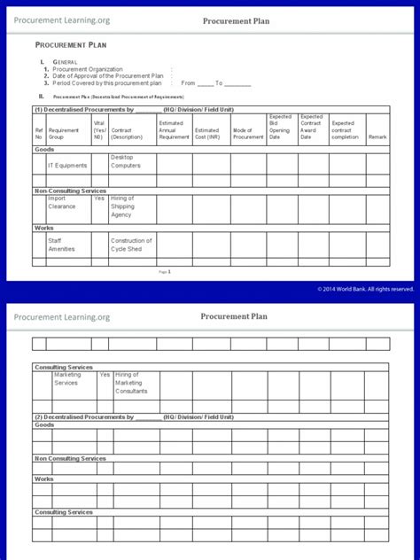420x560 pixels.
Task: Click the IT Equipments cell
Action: click(67, 165)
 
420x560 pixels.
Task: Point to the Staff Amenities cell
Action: click(62, 245)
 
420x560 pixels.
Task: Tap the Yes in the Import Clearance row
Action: click(99, 198)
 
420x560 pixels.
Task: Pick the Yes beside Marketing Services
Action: click(105, 375)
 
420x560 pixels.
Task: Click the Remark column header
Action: click(377, 137)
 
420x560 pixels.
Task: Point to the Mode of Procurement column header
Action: click(248, 134)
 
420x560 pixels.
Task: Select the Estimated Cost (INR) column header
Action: click(211, 134)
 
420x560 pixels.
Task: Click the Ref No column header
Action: click(38, 134)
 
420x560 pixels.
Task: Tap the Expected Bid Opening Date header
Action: click(280, 127)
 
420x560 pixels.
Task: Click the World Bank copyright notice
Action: click(365, 289)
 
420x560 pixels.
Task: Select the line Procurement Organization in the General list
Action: click(88, 68)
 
